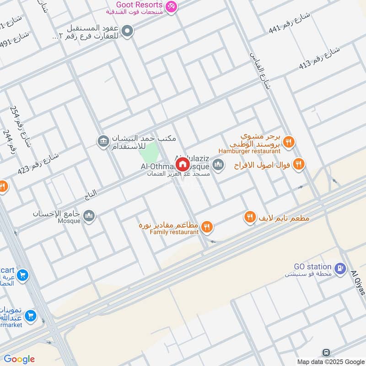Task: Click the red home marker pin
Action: [x=182, y=164]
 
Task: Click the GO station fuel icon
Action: [x=340, y=268]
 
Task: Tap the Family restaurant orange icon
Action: [x=207, y=226]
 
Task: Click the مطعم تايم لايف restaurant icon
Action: [x=250, y=218]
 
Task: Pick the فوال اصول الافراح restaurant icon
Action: [x=299, y=164]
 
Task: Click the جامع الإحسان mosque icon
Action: [x=89, y=215]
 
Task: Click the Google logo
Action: [x=19, y=359]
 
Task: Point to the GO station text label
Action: [x=313, y=266]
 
